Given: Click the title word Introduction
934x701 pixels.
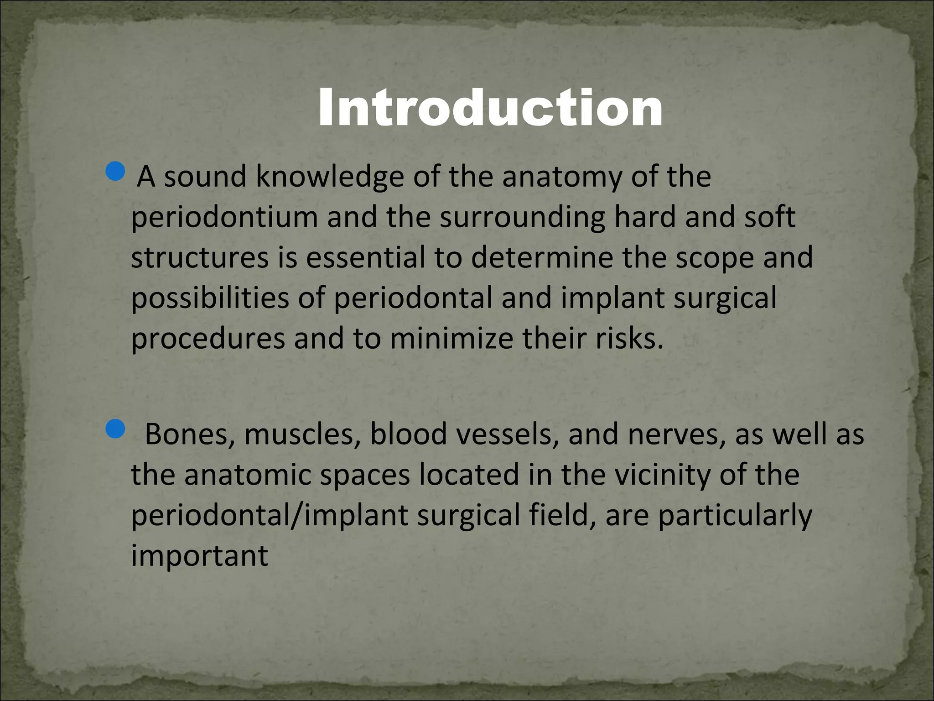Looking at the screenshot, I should tap(490, 109).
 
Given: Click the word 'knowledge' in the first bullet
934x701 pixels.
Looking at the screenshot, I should tap(330, 177).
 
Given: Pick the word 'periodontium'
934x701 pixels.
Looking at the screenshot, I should tap(224, 217).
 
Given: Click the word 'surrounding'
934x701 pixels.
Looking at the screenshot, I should tap(522, 217).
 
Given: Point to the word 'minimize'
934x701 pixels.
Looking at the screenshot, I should tap(451, 339).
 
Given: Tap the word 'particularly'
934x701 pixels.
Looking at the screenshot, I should tap(735, 516).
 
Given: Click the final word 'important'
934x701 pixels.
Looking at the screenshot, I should tap(200, 556).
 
